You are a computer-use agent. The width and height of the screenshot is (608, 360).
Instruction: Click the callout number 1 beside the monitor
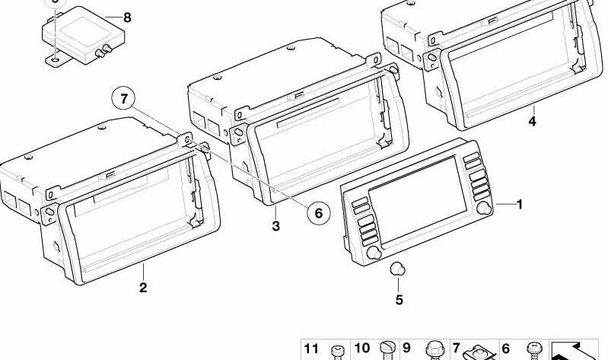tap(520, 204)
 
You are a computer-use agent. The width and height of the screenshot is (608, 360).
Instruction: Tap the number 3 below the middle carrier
tap(276, 226)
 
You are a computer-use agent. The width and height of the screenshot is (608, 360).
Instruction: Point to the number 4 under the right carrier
tap(533, 121)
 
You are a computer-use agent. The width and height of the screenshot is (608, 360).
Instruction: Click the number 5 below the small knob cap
tap(399, 300)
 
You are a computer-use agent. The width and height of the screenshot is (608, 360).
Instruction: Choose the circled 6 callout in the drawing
tap(319, 214)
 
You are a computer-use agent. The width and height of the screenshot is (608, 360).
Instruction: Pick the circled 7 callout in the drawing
tap(126, 98)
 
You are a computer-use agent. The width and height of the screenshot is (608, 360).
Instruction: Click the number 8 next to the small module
tap(126, 18)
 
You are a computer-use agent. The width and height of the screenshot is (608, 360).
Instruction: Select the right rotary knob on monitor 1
tap(482, 209)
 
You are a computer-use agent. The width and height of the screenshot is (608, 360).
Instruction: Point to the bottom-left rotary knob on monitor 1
tap(373, 254)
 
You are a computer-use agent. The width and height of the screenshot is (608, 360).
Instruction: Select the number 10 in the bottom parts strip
tap(361, 349)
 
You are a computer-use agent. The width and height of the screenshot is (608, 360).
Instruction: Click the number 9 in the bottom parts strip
tap(406, 349)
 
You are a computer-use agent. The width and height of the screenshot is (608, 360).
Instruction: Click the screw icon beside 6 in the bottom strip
tap(533, 352)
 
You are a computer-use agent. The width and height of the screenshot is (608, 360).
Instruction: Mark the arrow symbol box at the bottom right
tap(575, 350)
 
